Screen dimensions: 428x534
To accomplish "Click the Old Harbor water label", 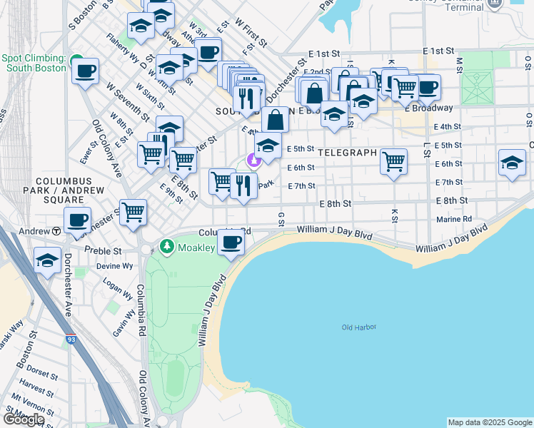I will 358,327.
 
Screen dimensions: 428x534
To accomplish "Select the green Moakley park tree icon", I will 167,247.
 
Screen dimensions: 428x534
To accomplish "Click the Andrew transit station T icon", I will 55,231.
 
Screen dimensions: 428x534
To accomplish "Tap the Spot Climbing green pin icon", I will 76,60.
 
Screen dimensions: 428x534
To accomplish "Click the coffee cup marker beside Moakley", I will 230,243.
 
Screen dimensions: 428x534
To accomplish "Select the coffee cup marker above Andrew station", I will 77,219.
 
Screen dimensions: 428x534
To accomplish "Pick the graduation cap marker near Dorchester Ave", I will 47,260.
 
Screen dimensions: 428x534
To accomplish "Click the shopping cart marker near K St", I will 393,161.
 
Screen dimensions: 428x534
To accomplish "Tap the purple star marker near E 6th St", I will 252,160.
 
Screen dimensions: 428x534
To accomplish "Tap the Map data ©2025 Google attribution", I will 489,422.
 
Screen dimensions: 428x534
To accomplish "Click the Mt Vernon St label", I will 36,409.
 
